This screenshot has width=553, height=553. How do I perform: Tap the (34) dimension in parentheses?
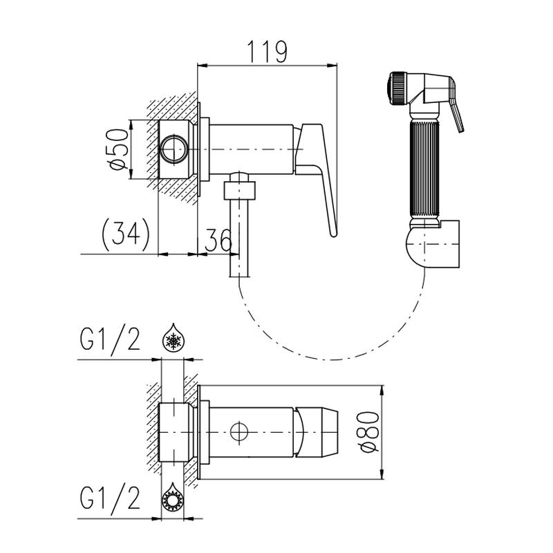126,234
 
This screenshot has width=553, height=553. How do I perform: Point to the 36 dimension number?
218,240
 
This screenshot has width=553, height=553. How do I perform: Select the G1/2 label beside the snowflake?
111,339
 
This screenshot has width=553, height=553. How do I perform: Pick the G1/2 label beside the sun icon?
111,498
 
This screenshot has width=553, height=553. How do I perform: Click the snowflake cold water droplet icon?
174,337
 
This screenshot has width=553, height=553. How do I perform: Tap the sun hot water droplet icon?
173,496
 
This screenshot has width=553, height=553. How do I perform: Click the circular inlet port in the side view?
174,149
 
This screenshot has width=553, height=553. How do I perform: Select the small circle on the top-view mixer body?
239,431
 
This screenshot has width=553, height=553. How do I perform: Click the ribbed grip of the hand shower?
424,169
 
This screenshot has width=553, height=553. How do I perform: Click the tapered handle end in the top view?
316,431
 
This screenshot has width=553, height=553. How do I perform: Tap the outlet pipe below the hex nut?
239,238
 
